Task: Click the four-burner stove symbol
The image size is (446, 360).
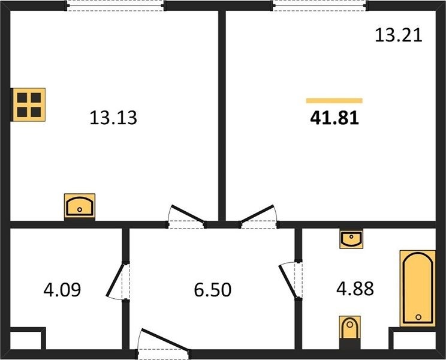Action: coord(29,105)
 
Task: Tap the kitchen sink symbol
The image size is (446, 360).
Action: coord(80,206)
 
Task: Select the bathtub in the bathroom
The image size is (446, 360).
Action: coord(418,288)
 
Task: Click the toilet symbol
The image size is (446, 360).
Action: coord(350,328)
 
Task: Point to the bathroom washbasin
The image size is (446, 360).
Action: coord(351,239)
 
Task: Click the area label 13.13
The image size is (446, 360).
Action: coord(113,118)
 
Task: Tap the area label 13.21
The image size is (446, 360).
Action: coord(398,35)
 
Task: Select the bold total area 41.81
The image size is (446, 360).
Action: coord(334,118)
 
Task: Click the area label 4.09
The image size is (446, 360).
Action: coord(62,289)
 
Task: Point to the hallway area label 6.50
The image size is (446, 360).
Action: coord(212,290)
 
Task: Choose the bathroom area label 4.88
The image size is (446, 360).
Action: coord(355,289)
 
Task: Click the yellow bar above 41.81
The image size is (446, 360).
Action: coord(334,100)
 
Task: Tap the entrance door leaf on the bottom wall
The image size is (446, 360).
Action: coord(165,340)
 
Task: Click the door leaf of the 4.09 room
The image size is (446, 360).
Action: coord(116,280)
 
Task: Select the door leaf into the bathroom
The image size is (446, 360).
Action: coord(288,281)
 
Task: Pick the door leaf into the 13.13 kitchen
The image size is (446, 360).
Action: coord(188,214)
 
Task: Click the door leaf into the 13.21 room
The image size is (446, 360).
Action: coord(257,214)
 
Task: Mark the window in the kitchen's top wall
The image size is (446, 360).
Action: coord(115,5)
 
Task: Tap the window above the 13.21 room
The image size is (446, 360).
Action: coord(320,5)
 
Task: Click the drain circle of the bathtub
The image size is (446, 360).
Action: coord(418,317)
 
